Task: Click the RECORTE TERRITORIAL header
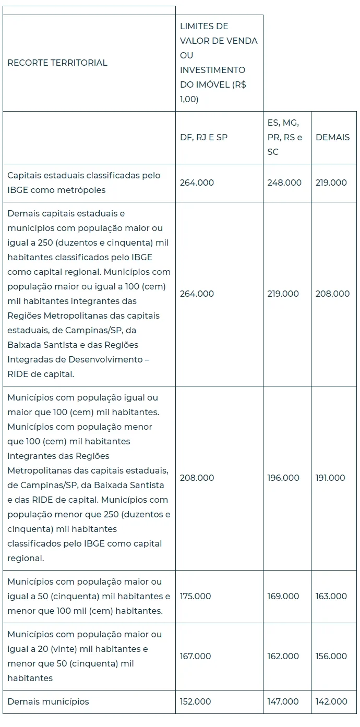57,63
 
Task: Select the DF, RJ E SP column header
203,138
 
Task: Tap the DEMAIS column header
333,138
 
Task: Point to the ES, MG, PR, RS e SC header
284,138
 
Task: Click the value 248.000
284,183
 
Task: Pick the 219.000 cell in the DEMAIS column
331,183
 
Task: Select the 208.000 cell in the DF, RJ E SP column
197,478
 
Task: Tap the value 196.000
283,478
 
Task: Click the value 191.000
330,478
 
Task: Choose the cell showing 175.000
196,596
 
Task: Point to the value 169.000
283,596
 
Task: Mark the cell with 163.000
331,596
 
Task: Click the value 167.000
196,656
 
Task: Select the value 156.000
331,656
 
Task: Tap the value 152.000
196,701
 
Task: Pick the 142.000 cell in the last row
331,701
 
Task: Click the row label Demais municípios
48,701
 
